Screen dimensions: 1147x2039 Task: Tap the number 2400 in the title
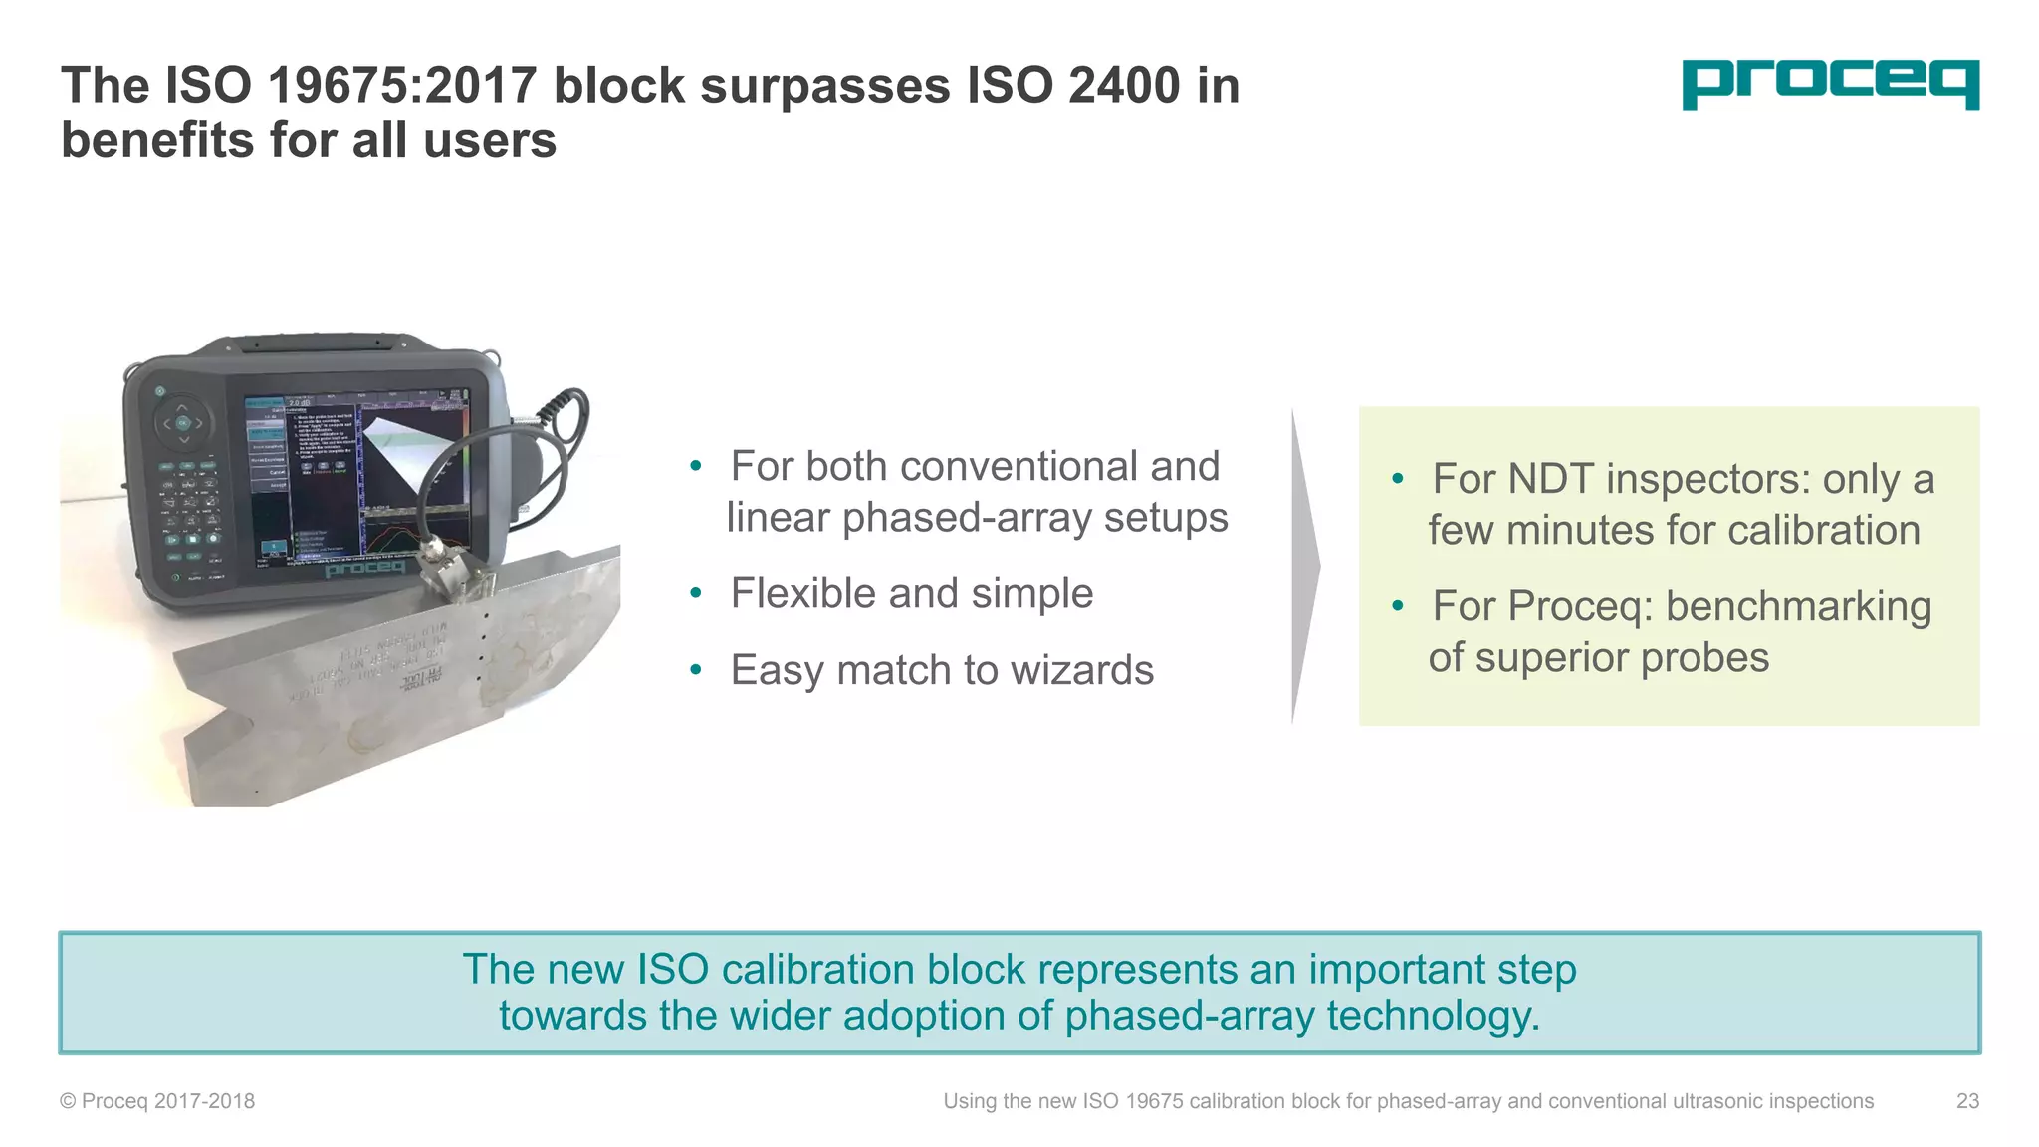point(1124,86)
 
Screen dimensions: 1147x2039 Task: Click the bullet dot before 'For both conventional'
point(696,467)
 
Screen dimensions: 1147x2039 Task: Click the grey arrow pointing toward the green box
point(1305,566)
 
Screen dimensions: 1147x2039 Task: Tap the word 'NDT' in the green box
point(1551,479)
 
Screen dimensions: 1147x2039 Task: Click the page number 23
point(1967,1101)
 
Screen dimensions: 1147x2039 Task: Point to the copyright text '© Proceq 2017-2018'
point(157,1101)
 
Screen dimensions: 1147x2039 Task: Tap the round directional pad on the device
point(183,423)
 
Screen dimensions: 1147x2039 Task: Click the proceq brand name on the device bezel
point(364,569)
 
